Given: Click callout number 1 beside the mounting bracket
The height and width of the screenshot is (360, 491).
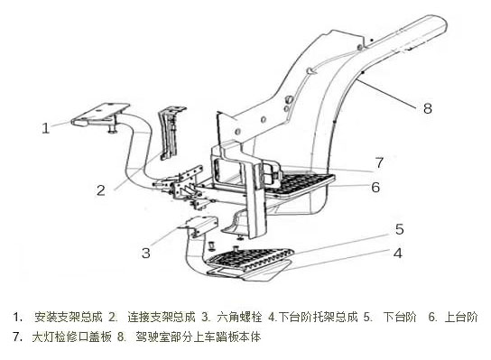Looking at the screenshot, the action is coord(46,128).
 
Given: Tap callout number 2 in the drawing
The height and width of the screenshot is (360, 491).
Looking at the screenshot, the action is coord(101,190).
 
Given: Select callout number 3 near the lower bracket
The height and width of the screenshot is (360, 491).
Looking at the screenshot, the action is coord(146,253).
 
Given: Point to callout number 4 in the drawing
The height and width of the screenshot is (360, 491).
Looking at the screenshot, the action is coord(398,253).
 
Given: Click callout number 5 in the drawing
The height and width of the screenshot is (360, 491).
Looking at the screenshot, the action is coord(399,229).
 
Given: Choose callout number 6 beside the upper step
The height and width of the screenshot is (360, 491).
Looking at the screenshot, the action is coord(375,187).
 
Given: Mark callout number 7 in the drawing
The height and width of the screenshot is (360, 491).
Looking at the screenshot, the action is coord(379,162).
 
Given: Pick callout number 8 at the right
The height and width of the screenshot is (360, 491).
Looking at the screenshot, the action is coord(428,108).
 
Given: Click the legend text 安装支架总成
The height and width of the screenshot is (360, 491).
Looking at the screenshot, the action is coord(69,317).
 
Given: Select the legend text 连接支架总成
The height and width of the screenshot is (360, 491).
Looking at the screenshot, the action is coord(162,317).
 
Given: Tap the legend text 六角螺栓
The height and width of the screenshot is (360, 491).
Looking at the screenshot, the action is coord(239,317).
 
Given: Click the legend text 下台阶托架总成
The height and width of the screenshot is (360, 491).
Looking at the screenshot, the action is coord(318,317).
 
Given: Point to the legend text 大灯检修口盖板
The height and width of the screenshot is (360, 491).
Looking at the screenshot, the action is coord(71,337).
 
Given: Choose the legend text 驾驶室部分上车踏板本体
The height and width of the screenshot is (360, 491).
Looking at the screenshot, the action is coord(198,337).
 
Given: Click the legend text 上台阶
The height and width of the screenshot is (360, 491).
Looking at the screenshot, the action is coord(461,317).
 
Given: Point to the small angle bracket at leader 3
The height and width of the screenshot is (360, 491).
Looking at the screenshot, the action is coord(202,226).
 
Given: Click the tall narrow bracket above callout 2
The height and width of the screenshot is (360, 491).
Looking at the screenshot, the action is coord(171,133).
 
